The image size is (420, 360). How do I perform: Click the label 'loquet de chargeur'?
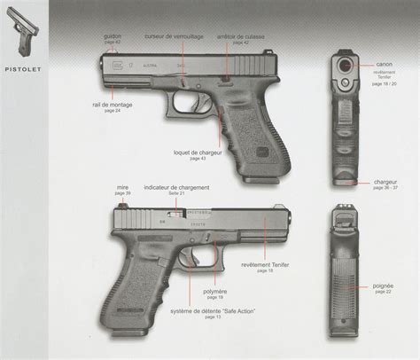click(x=199, y=152)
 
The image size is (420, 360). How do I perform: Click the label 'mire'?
click(x=123, y=188)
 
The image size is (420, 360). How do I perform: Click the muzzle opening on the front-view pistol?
click(x=344, y=65)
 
